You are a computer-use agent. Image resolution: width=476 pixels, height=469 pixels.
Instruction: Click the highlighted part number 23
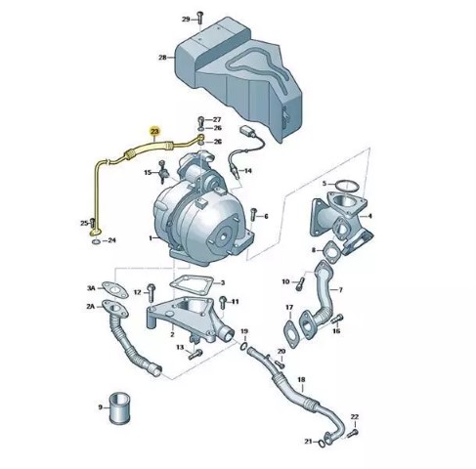[x=154, y=131]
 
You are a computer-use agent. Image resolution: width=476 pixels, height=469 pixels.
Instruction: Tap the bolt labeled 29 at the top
[x=200, y=17]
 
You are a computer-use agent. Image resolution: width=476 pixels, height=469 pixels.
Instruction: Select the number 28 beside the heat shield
[x=162, y=58]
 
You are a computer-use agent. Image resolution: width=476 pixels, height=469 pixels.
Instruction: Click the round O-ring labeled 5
[x=347, y=186]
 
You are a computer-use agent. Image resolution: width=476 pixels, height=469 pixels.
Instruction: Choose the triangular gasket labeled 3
[x=192, y=282]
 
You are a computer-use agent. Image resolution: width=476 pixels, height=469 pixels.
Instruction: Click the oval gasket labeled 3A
[x=115, y=290]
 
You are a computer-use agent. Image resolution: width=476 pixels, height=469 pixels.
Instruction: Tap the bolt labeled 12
[x=151, y=292]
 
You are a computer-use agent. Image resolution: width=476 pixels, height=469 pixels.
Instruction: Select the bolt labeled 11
[x=223, y=302]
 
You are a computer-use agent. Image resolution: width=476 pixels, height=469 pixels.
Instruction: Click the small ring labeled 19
[x=244, y=346]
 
